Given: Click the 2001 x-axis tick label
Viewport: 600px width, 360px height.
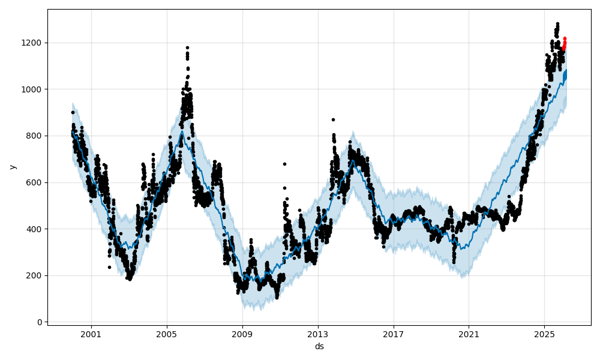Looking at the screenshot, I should point(91,334).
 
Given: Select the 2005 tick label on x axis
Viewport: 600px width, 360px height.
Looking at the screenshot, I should point(167,334).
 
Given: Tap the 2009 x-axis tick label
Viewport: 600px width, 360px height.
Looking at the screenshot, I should point(242,334).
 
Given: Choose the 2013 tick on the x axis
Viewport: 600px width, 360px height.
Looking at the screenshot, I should point(318,334).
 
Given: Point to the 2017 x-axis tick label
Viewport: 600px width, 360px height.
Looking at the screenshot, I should point(394,334).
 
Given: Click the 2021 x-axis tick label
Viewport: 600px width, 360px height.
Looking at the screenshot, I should point(469,334).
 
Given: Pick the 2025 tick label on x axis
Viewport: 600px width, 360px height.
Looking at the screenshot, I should point(544,334).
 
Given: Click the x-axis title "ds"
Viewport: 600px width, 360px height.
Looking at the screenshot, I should point(319,346).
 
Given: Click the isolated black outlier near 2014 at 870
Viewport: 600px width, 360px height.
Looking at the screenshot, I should point(333,119).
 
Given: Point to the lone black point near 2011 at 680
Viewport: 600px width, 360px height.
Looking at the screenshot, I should point(284,164).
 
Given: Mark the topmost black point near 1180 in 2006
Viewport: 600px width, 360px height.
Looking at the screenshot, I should point(187,47).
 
